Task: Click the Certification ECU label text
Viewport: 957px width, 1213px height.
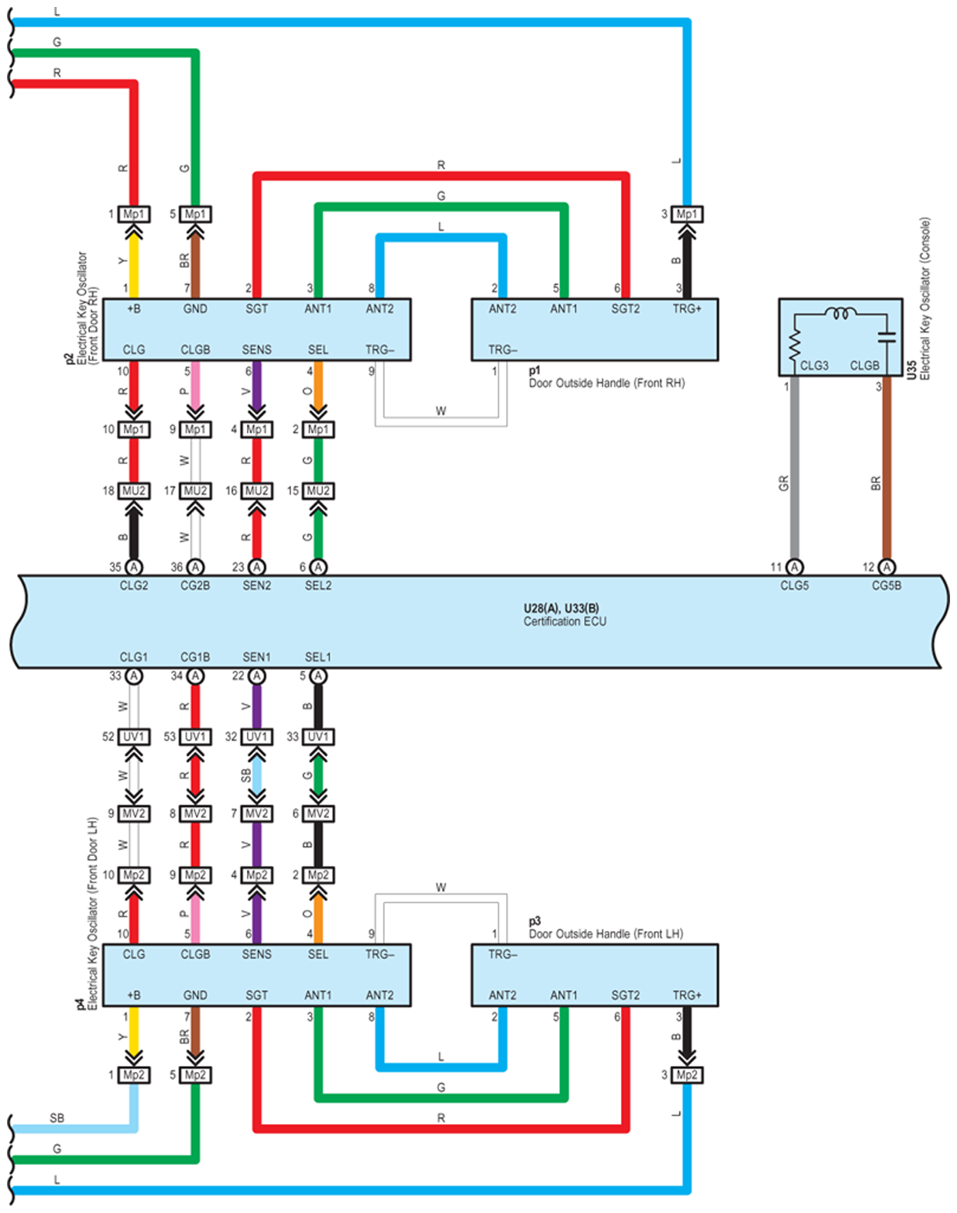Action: click(564, 621)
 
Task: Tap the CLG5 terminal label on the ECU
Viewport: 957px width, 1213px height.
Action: click(794, 586)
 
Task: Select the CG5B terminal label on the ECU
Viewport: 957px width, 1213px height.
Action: click(887, 586)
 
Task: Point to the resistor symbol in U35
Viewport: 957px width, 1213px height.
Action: click(794, 345)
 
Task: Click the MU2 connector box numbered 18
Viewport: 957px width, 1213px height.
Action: click(134, 491)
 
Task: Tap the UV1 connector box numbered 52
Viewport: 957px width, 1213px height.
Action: click(134, 737)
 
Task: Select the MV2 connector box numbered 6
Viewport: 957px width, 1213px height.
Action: click(318, 813)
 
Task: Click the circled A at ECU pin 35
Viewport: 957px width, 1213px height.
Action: click(134, 566)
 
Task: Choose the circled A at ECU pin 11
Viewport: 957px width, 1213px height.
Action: click(794, 566)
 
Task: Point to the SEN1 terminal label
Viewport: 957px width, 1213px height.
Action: click(256, 657)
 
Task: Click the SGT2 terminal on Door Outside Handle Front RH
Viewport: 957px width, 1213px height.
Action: click(625, 309)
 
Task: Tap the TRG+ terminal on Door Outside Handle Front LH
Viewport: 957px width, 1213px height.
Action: click(687, 995)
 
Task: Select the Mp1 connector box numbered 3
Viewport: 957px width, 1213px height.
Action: click(687, 215)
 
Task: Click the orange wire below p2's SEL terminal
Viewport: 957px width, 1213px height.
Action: click(318, 386)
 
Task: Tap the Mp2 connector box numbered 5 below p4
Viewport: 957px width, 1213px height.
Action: click(195, 1075)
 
